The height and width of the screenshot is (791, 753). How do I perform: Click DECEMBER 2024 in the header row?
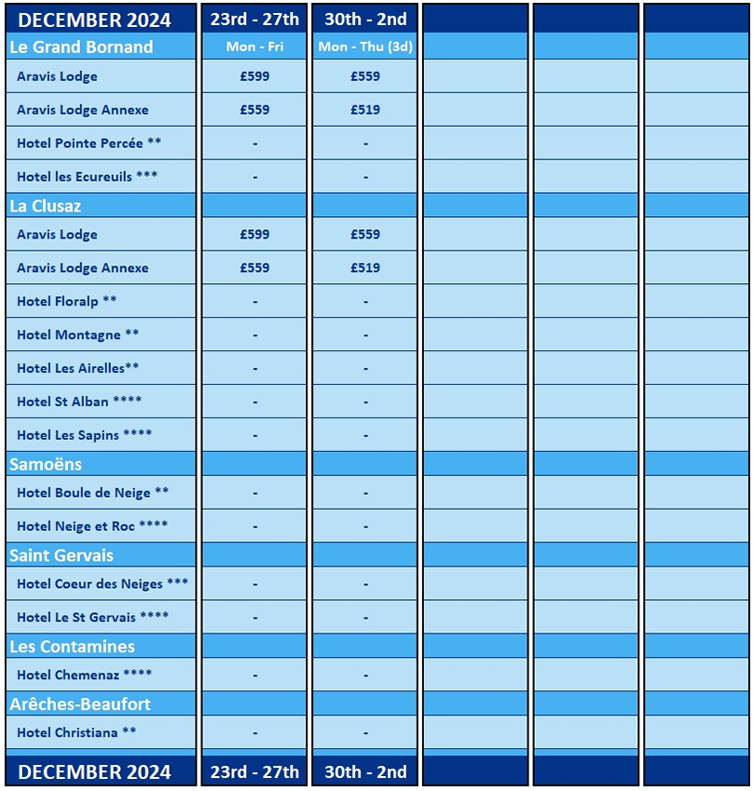pos(95,20)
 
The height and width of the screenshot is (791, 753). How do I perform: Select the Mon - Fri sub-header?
pos(254,47)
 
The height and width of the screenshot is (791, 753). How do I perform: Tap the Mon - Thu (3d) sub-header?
pos(365,47)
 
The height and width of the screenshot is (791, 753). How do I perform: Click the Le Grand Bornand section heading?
pos(81,47)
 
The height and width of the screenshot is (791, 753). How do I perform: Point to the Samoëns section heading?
pos(46,464)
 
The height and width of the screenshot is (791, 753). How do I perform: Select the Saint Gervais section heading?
pos(62,555)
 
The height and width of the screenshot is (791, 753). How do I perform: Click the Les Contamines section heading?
pos(72,647)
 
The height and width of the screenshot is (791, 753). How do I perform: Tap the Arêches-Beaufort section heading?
pos(80,704)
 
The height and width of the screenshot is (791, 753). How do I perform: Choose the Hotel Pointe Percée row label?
pos(89,143)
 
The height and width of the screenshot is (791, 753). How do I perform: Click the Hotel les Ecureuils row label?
pos(87,176)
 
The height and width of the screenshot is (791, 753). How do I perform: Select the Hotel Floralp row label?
pos(67,301)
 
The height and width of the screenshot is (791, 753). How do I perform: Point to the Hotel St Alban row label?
pos(79,402)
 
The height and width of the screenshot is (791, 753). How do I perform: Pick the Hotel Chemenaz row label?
pos(84,675)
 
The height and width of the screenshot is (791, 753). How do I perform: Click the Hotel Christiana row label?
pos(76,732)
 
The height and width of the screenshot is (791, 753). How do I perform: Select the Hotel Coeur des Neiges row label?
pos(103,584)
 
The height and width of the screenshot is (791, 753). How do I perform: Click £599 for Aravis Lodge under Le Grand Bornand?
pos(254,76)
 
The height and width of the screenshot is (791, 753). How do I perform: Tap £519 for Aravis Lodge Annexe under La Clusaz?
pos(365,267)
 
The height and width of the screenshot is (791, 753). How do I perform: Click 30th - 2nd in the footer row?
pos(365,771)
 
